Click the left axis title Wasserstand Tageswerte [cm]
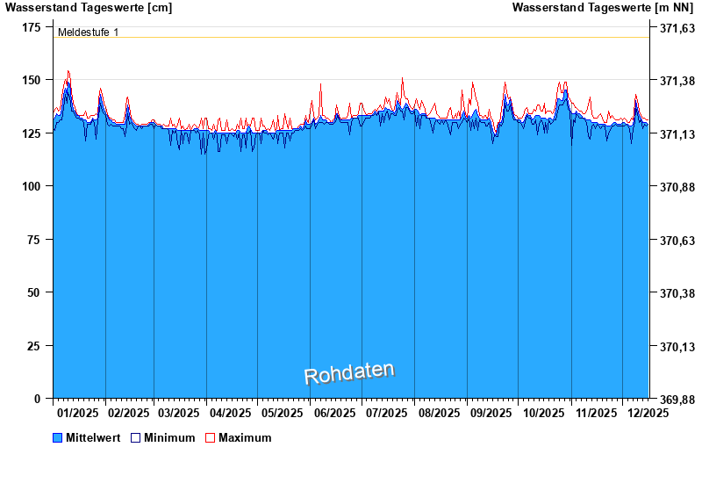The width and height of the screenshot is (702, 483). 89,8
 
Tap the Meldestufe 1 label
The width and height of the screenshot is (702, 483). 88,32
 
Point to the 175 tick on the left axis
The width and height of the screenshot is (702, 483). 31,28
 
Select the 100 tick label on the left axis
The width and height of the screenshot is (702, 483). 31,186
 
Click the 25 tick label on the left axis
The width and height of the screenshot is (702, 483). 34,346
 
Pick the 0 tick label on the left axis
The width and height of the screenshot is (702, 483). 37,399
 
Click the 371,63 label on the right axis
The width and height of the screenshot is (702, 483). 677,28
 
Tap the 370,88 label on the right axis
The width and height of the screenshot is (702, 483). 677,187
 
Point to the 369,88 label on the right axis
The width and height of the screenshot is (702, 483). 677,400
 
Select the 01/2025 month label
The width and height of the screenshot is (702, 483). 77,413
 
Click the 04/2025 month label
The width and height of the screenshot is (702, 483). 232,413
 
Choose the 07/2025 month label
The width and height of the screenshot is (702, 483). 386,413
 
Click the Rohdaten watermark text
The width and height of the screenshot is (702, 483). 349,373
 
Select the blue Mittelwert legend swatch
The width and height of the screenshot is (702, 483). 58,437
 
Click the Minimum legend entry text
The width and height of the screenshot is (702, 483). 169,437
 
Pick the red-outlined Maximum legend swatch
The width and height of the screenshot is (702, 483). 210,437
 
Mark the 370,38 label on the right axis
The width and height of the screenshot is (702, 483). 677,293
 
